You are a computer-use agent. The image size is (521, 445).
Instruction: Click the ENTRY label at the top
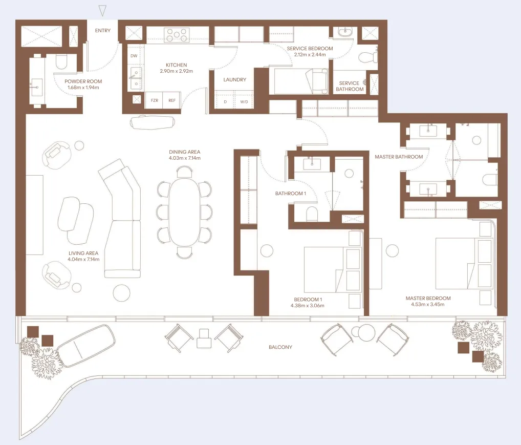point(103,30)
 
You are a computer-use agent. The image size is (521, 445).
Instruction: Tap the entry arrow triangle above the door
point(103,10)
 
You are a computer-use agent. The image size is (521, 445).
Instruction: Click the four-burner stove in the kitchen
point(177,35)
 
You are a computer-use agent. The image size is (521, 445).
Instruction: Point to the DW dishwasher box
point(134,55)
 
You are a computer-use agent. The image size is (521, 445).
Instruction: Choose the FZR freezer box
point(154,101)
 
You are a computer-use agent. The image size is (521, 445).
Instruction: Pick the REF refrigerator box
point(171,101)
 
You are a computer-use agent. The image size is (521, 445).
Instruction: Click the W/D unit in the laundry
point(244,101)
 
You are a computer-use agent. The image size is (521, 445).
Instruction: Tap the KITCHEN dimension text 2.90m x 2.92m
point(176,72)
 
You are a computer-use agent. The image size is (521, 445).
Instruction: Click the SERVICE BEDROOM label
point(310,49)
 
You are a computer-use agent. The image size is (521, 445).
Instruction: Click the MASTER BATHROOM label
point(399,157)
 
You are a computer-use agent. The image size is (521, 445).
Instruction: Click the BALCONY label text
point(280,347)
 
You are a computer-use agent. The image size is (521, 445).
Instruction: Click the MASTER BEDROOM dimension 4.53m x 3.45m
point(428,305)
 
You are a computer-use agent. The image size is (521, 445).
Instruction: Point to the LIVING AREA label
point(83,253)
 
